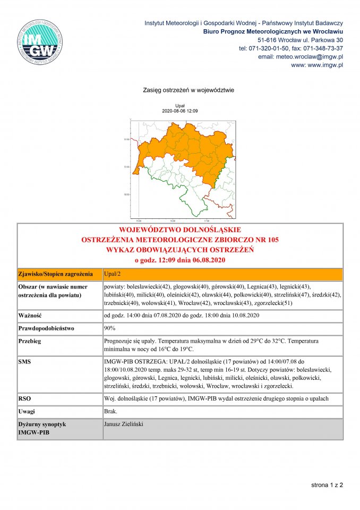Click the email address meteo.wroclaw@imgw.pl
tap(300, 56)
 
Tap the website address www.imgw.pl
tap(325, 65)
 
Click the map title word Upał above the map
tap(179, 106)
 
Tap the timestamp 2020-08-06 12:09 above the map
tap(179, 111)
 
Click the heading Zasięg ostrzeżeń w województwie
tap(181, 90)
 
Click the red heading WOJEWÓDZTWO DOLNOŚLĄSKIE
tap(180, 231)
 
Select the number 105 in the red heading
tap(272, 240)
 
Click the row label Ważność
tap(30, 316)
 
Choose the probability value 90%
tap(110, 328)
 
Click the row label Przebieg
tap(30, 341)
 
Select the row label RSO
tap(24, 398)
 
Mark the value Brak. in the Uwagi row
tap(110, 412)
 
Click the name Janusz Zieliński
tap(124, 424)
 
